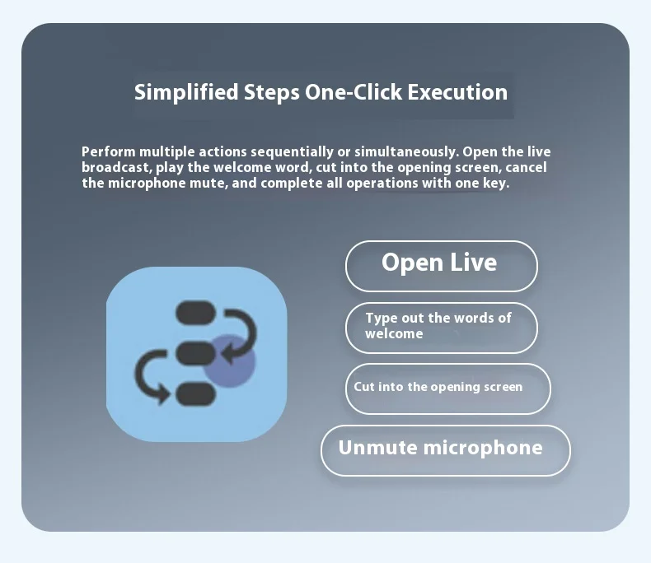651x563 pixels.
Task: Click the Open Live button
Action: [442, 266]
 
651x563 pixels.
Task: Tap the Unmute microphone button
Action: [446, 450]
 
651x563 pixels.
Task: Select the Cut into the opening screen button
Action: [448, 389]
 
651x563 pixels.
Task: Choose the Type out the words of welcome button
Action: [442, 328]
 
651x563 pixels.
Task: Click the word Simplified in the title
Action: [186, 92]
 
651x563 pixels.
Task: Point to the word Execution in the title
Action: [457, 92]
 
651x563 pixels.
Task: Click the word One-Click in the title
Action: [354, 91]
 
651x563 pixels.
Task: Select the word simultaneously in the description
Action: [406, 151]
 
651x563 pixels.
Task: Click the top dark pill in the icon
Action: [195, 312]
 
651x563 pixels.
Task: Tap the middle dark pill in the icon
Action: [195, 354]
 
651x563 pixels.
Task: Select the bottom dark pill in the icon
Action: [195, 393]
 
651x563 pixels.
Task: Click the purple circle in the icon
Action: [229, 361]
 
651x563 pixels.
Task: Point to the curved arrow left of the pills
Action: [139, 375]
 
